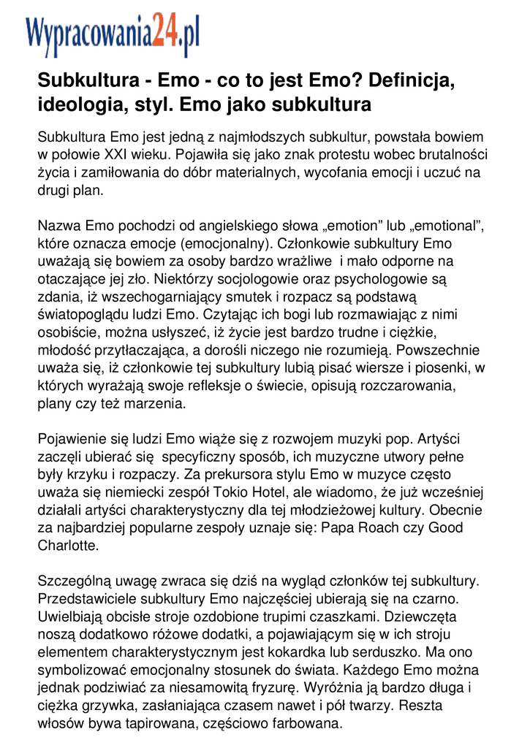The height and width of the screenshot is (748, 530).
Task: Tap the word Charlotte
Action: coord(68,546)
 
